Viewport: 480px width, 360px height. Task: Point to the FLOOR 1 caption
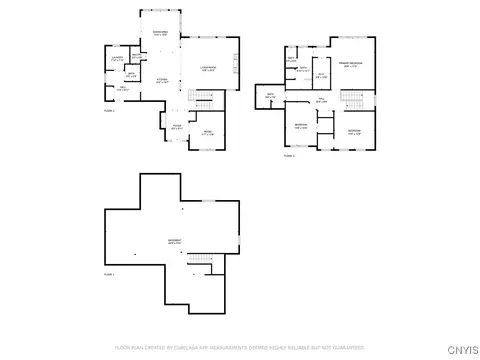tap(110, 273)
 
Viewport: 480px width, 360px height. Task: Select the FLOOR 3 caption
tap(288, 155)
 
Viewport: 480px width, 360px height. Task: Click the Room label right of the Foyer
tap(208, 132)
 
